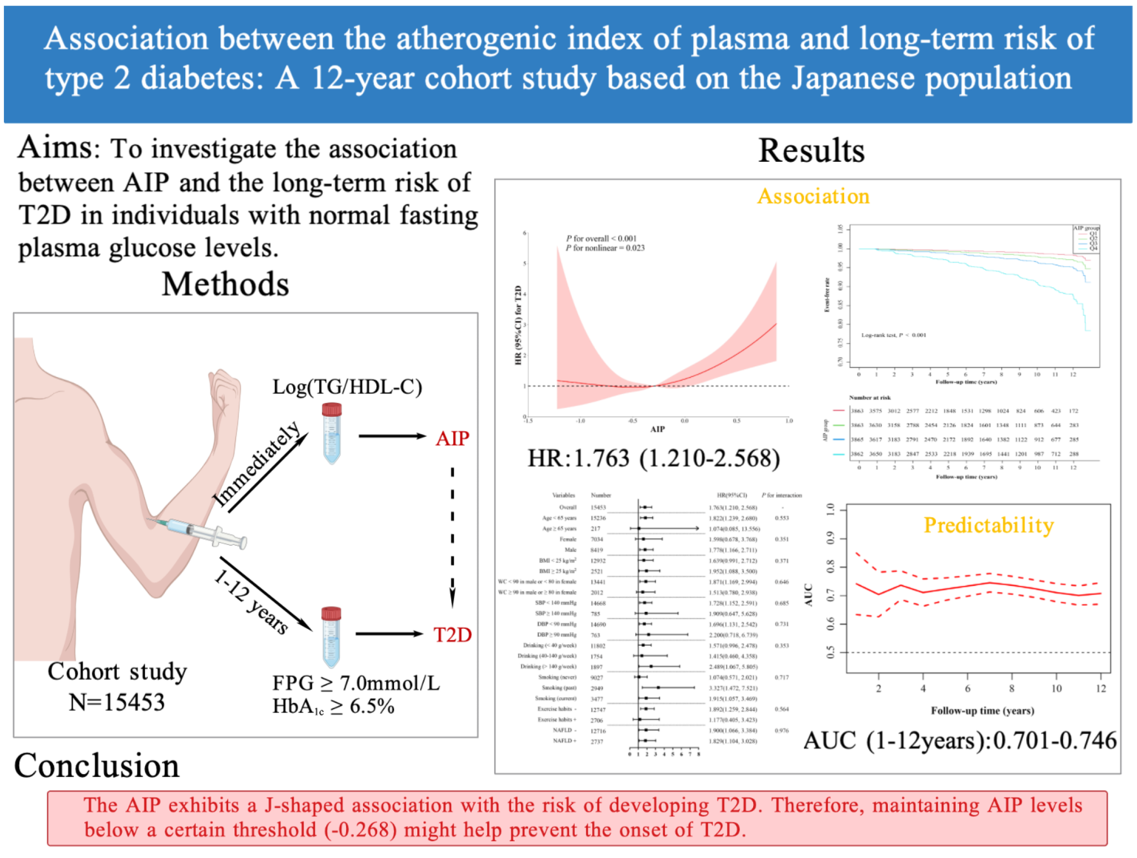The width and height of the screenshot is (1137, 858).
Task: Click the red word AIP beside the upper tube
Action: pos(452,438)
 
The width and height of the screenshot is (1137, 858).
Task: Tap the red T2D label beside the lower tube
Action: pos(452,634)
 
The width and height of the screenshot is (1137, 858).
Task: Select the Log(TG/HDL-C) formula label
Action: pos(347,387)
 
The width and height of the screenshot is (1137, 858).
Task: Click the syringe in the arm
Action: pos(198,533)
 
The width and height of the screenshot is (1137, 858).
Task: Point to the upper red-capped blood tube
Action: pos(332,432)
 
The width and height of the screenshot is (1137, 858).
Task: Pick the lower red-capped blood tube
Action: pos(331,637)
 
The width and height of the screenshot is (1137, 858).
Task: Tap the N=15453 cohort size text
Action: pos(117,702)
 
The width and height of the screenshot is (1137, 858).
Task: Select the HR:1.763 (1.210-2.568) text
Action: pos(653,458)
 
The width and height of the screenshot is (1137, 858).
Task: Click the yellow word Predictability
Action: pos(988,525)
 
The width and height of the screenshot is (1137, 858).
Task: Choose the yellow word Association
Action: pos(813,196)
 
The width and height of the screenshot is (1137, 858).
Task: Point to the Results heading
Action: pos(811,151)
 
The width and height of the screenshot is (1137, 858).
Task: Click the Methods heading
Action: pos(225,284)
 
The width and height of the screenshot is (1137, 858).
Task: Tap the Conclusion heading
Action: pos(97,766)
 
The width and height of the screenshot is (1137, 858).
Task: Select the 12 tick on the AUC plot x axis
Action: pos(1100,688)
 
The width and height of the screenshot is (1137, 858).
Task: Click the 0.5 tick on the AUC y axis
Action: pos(831,653)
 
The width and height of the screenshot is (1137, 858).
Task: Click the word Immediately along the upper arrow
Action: pos(257,464)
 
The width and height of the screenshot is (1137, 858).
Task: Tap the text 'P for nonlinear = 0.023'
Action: pos(605,248)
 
